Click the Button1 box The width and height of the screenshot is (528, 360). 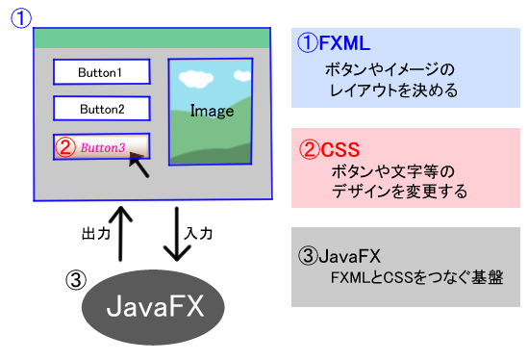(102, 72)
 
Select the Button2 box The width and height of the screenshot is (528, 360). (102, 109)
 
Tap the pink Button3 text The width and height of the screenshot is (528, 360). (103, 147)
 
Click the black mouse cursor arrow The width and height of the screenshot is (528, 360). (139, 165)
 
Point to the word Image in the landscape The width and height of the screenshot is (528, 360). (212, 111)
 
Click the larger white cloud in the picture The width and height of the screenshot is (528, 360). (195, 79)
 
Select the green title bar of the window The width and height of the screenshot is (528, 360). (152, 39)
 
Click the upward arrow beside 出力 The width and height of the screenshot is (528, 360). (120, 234)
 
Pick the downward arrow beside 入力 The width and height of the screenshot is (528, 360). (177, 234)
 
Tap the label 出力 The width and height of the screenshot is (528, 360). (96, 233)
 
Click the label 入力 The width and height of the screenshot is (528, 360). (198, 233)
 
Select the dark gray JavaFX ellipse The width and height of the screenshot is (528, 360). (153, 307)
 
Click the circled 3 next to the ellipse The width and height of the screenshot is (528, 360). (76, 280)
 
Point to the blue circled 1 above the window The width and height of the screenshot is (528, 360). (21, 18)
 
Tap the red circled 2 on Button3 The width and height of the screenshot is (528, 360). (65, 147)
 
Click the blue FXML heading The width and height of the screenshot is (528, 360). (334, 43)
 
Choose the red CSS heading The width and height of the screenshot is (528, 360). (330, 149)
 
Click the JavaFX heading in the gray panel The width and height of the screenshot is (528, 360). (339, 256)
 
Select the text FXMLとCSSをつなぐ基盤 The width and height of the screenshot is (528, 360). (416, 278)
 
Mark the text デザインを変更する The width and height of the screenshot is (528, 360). (399, 192)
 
